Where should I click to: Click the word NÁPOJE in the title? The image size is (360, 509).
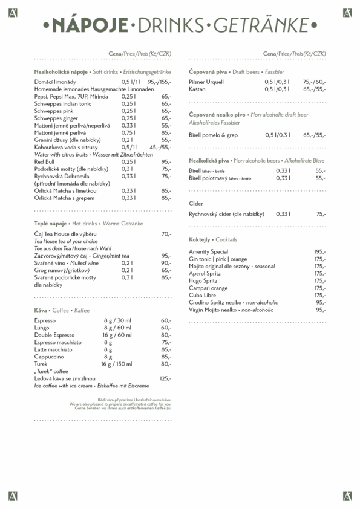coord(91,25)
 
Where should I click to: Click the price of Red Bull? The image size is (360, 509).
coord(166,161)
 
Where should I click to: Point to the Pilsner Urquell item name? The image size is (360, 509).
coord(206,82)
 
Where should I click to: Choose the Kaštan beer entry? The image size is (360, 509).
coord(197,89)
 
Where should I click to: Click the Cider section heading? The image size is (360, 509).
coord(196,204)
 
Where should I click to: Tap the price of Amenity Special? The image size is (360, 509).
coord(320,251)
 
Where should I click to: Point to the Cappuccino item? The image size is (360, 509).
coord(49,357)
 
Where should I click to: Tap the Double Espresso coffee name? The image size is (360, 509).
coord(54,335)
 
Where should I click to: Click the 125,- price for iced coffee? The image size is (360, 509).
coord(165,378)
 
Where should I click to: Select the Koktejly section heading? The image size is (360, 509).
coord(200,239)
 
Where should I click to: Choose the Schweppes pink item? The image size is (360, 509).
coord(54,111)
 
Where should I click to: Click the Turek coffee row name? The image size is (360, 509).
coord(41,364)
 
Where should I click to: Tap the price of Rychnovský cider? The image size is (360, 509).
coord(321,213)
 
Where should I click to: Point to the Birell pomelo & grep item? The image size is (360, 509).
coord(214,135)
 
